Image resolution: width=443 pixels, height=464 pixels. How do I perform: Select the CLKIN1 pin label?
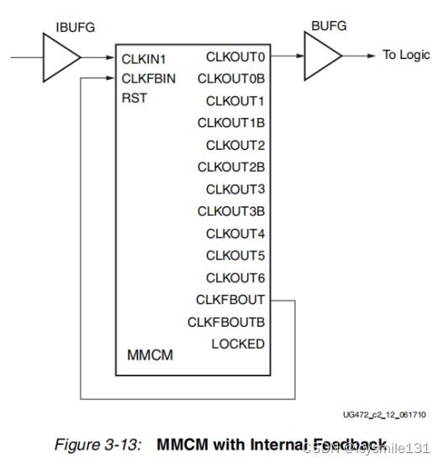click(x=145, y=59)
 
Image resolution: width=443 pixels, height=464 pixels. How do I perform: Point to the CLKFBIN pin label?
click(x=148, y=78)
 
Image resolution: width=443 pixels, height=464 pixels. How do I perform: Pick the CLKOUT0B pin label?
click(x=231, y=78)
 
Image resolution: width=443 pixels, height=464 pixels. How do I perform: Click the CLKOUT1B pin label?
click(x=231, y=122)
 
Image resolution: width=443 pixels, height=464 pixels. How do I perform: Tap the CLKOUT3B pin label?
click(x=231, y=211)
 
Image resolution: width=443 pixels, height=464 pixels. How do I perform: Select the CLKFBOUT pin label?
click(x=230, y=299)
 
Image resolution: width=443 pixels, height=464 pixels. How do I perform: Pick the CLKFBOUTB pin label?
click(x=226, y=322)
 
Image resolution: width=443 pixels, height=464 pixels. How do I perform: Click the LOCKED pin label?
click(x=238, y=344)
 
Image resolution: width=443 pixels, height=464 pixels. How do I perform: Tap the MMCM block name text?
click(x=150, y=355)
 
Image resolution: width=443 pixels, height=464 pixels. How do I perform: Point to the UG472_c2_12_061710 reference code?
click(x=386, y=414)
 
